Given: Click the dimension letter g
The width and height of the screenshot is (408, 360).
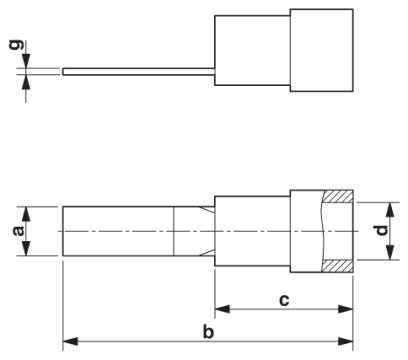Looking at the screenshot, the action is (x=17, y=45).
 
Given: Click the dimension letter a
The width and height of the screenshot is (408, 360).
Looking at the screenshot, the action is (x=19, y=231).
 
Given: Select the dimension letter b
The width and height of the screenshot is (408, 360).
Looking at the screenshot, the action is (x=208, y=331).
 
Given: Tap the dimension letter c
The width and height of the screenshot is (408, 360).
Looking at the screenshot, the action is (x=284, y=301).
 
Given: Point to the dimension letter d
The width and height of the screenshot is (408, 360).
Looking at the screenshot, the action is (x=382, y=230).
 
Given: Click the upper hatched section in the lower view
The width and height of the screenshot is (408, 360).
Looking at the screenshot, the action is (x=337, y=196).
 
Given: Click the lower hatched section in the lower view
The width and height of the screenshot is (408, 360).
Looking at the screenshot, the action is (x=337, y=266).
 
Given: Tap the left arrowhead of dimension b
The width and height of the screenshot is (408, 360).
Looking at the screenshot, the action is (x=70, y=341).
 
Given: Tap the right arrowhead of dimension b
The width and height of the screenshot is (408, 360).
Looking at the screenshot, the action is (x=345, y=341).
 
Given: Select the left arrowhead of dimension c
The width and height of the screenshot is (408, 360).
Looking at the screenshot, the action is (x=222, y=309).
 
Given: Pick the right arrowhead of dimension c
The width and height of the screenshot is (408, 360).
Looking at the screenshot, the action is (x=345, y=309).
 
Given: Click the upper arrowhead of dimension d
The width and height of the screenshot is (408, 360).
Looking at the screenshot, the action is (x=390, y=210).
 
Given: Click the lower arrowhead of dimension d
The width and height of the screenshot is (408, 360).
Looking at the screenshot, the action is (x=390, y=252).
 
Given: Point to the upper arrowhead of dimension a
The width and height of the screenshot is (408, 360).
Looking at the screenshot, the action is (x=26, y=214).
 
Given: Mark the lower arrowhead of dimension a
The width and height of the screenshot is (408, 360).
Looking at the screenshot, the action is (x=26, y=248).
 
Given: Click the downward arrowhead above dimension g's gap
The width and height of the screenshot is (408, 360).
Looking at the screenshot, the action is (x=26, y=61).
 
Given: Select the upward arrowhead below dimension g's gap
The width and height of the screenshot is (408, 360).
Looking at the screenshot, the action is (x=26, y=82).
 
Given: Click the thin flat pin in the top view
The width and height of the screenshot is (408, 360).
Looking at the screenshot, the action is (x=139, y=72).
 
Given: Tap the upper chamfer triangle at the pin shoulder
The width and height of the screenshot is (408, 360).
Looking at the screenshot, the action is (x=208, y=210).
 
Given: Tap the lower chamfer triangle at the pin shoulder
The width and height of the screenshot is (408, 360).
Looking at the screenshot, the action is (x=208, y=253).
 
